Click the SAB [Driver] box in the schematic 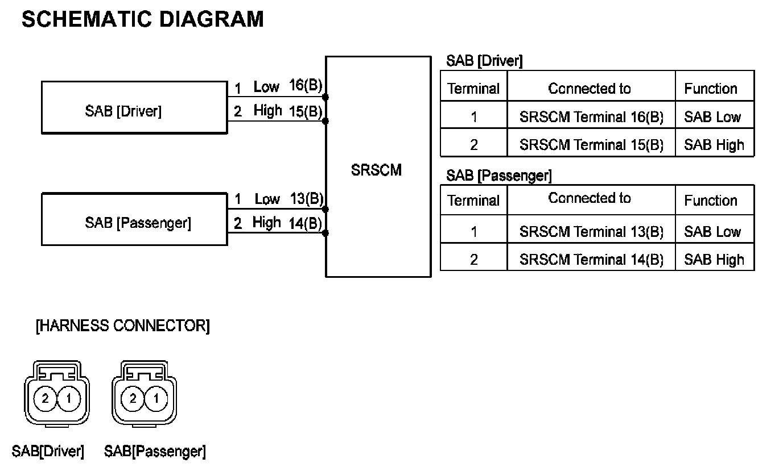coord(134,107)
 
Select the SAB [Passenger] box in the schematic coord(134,220)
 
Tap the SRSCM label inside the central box coord(376,170)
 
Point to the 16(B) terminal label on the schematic coord(306,85)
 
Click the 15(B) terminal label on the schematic coord(306,111)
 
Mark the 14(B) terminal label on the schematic coord(306,223)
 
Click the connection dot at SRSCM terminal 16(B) coord(325,97)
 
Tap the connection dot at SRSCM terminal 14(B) coord(325,233)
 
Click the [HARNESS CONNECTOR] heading coord(122,326)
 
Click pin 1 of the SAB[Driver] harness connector coord(68,398)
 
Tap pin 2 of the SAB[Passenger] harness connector coord(133,398)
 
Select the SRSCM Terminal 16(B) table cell coord(591,117)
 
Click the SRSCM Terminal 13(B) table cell coord(591,231)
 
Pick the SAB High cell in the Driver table coord(714,145)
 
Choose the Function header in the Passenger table coord(710,200)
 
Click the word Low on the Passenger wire coord(267,199)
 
